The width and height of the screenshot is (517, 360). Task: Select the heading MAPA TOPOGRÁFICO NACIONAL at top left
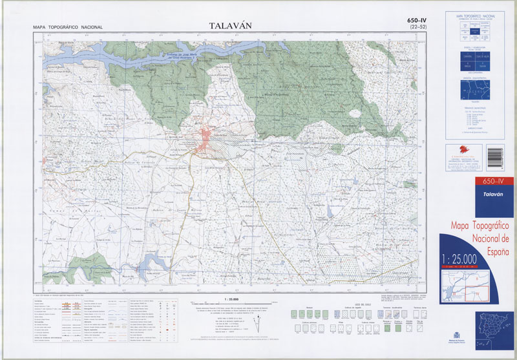[x=68, y=27]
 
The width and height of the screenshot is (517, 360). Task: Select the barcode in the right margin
[x=507, y=156]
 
